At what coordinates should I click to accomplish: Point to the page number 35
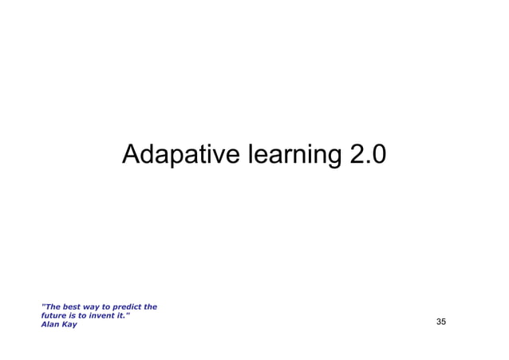441,322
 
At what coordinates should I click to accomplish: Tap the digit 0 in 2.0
378,154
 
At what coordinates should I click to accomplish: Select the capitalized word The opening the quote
52,307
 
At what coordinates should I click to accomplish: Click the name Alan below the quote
50,324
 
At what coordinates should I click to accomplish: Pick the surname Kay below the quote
70,324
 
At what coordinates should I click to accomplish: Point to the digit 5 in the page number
444,322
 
